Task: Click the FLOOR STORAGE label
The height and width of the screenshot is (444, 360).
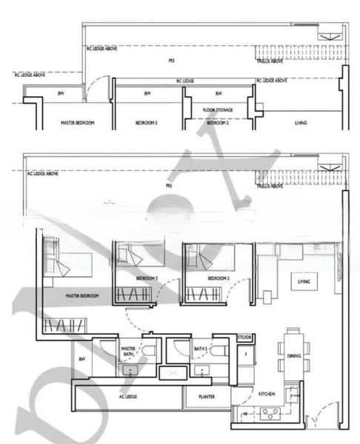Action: click(218, 110)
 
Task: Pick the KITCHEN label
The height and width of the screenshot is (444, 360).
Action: click(267, 395)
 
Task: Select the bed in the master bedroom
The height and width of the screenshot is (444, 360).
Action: click(67, 262)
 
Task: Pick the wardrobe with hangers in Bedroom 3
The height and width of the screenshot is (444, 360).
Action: click(133, 295)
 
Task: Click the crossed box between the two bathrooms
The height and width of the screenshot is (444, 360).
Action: click(173, 371)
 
